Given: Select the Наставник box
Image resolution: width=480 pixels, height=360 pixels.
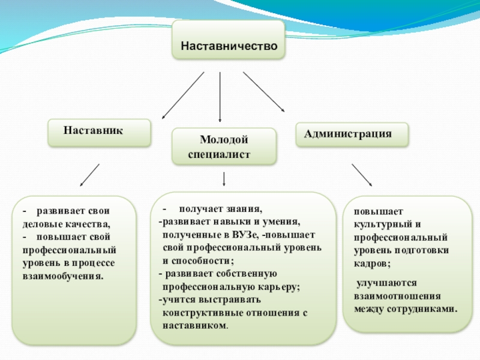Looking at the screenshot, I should click(x=100, y=131).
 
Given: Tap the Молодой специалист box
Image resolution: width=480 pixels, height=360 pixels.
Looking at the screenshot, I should click(x=224, y=147).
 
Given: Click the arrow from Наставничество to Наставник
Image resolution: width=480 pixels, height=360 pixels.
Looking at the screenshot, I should click(x=184, y=95).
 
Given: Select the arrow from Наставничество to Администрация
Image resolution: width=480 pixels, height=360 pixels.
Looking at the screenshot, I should click(x=263, y=91).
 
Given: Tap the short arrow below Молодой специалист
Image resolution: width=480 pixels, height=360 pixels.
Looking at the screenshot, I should click(x=224, y=179).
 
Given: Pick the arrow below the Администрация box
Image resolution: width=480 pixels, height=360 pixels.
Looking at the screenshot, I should click(x=361, y=175).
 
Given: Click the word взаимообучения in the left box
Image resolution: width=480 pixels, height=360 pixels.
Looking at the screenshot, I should click(x=62, y=277).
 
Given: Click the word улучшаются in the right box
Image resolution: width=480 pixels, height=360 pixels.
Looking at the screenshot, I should click(x=382, y=283).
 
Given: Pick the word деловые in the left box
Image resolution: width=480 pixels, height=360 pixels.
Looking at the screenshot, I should click(x=41, y=225).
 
